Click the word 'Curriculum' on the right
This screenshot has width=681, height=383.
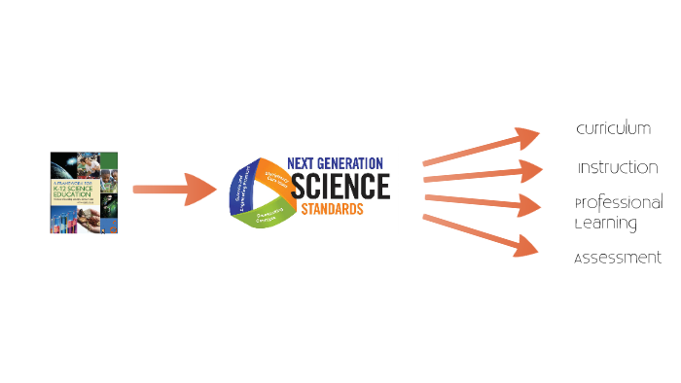pos(613,129)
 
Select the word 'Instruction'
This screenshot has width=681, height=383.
pos(618,167)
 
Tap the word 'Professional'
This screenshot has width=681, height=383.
pos(619,203)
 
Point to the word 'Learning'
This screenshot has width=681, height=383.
pos(605,224)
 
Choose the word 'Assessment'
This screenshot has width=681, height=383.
pos(618,259)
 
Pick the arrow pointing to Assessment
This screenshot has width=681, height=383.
pos(483,235)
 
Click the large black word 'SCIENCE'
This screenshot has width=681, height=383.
pos(340,185)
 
